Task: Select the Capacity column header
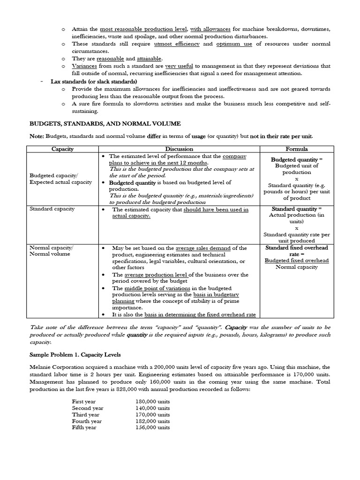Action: click(62, 149)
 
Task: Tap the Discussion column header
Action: click(179, 149)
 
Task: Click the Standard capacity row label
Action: click(52, 209)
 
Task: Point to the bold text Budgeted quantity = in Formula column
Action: click(296, 159)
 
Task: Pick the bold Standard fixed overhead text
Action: click(297, 247)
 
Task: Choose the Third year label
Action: click(85, 415)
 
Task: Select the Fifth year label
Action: click(84, 427)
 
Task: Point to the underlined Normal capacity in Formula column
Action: click(296, 267)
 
